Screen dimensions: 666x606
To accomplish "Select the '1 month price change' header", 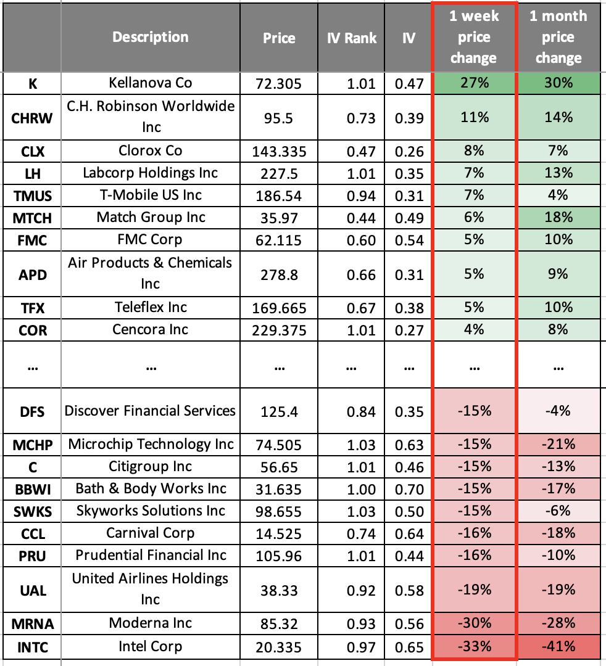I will [x=558, y=37].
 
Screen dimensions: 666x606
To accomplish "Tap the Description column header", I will [x=151, y=37].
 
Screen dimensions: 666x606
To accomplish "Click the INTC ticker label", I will [x=33, y=647].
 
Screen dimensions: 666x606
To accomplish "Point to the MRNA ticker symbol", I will [x=33, y=624].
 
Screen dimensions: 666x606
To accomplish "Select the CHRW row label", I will [x=33, y=117].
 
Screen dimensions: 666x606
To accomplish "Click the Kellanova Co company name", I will [x=151, y=83].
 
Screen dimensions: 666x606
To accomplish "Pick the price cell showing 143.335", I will [x=279, y=151].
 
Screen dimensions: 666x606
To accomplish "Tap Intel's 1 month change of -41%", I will [x=558, y=646].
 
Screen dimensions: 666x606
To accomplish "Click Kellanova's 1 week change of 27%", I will [x=474, y=83].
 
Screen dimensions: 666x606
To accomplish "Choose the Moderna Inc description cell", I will [x=151, y=623].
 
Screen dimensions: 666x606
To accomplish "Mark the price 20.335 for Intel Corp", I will [x=279, y=647].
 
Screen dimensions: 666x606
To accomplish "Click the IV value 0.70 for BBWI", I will [x=408, y=489].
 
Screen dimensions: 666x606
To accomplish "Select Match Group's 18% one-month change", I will [x=558, y=217].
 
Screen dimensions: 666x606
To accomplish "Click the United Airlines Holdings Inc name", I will [x=151, y=589].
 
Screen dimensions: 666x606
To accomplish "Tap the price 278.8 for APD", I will [x=279, y=274].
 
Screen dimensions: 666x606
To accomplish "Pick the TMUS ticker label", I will [x=33, y=196].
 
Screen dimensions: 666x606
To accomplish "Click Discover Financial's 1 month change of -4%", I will [x=558, y=411].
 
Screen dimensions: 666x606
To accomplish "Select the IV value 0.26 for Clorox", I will [x=408, y=151].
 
